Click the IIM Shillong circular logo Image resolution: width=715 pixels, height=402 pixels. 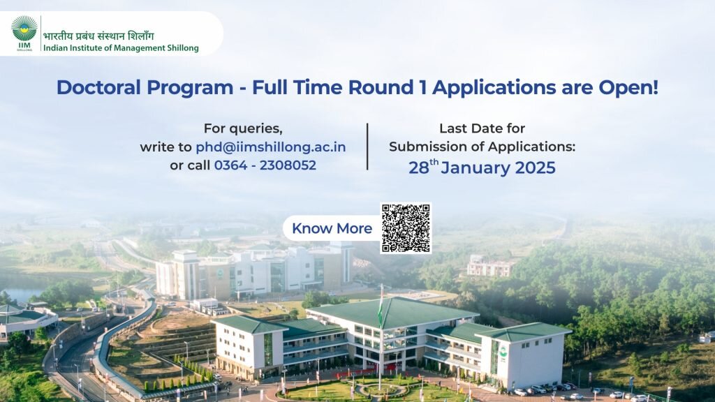tap(24, 29)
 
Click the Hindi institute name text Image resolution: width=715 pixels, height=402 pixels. tap(98, 36)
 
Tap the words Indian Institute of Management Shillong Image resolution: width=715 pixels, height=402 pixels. tap(120, 48)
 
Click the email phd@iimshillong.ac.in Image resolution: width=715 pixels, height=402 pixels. tap(270, 147)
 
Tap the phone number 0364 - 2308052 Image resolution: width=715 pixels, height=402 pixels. tap(265, 165)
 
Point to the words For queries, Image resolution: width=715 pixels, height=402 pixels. tap(243, 128)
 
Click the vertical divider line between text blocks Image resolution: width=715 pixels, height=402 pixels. tap(367, 147)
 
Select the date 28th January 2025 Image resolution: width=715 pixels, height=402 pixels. tap(482, 168)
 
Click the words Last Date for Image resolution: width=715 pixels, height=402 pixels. tap(482, 128)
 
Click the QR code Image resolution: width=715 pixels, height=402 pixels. tap(406, 228)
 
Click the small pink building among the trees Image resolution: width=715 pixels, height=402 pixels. tap(489, 265)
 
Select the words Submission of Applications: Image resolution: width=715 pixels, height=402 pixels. tap(482, 147)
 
